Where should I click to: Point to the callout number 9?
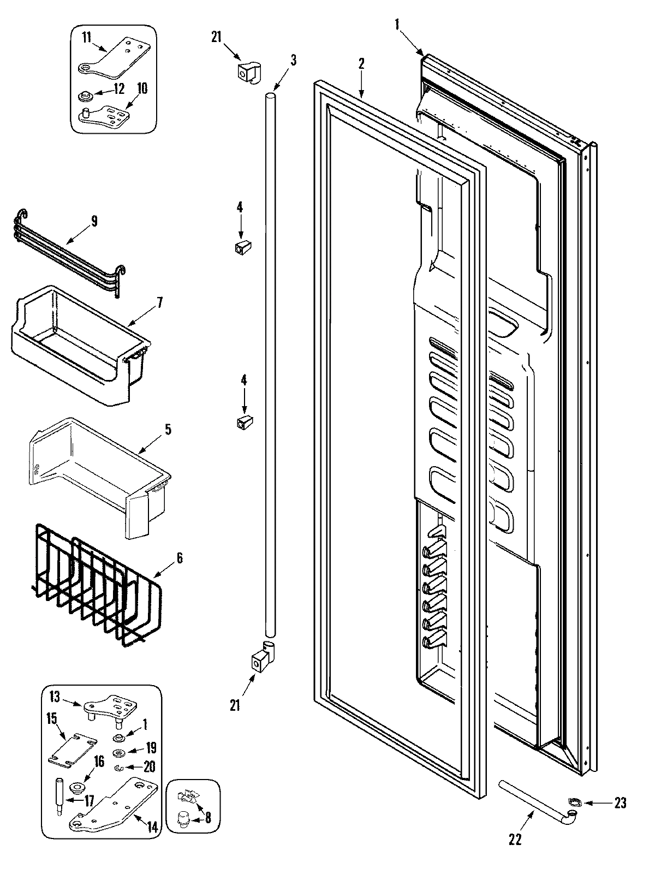[x=94, y=221]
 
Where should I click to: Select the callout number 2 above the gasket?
[x=361, y=63]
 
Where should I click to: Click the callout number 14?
[x=153, y=828]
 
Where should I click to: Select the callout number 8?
[x=207, y=818]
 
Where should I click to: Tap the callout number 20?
[x=149, y=767]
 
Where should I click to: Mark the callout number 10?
[x=142, y=88]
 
